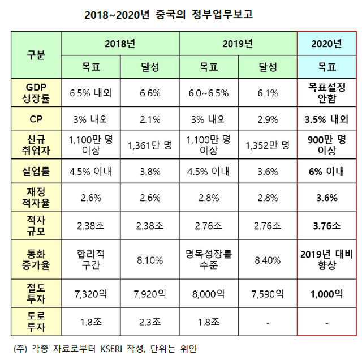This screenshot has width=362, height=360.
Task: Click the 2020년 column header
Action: click(x=327, y=43)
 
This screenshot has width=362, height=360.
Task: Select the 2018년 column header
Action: click(x=120, y=43)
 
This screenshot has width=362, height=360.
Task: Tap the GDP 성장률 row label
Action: click(x=36, y=93)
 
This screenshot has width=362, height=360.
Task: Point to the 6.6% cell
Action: click(x=150, y=93)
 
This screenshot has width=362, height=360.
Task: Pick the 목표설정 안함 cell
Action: click(x=327, y=93)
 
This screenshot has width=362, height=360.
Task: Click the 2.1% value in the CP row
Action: click(x=150, y=119)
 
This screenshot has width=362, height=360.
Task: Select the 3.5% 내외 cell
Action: click(x=327, y=119)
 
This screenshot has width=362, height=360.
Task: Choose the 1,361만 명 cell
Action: click(x=150, y=144)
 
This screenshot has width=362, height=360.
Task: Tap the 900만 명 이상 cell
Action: click(x=327, y=144)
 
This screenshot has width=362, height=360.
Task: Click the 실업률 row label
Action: click(x=36, y=171)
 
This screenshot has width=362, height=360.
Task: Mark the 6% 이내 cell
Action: click(x=327, y=171)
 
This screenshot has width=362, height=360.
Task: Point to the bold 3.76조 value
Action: click(x=327, y=225)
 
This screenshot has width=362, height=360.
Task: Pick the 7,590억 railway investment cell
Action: click(x=268, y=294)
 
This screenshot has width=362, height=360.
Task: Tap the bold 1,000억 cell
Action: click(x=327, y=294)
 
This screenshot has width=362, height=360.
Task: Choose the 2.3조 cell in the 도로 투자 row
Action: click(x=150, y=323)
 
